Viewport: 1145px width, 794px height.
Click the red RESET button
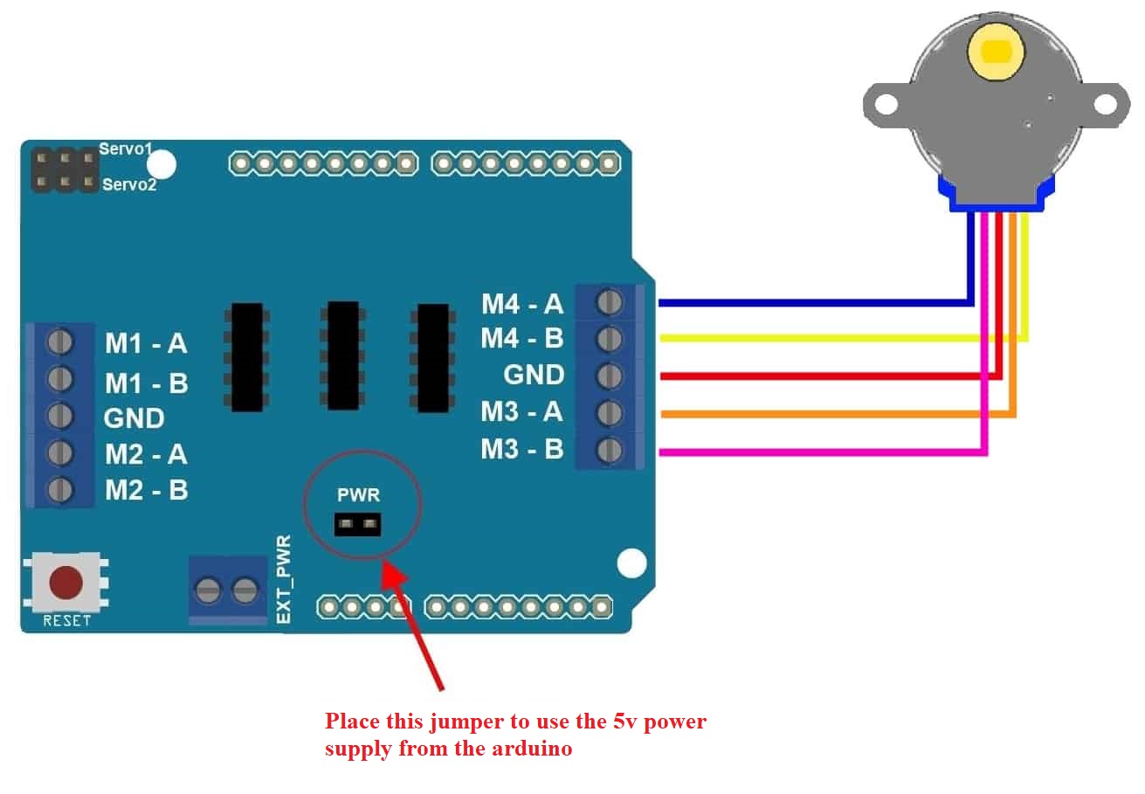coord(66,583)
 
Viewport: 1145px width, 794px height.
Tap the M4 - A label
coord(522,304)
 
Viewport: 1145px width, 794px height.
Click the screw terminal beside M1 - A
coord(60,341)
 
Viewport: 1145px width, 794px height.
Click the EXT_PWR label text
coord(283,580)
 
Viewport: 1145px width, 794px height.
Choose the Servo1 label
coord(126,149)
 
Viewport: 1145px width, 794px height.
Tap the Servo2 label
coord(129,184)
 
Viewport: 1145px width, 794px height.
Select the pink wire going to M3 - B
coord(821,452)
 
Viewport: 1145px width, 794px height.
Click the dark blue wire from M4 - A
coord(812,303)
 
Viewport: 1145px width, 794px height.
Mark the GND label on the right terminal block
coord(534,375)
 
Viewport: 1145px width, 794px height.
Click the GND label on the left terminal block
coord(134,418)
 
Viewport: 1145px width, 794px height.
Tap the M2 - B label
coord(146,490)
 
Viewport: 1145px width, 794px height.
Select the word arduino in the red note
coord(531,749)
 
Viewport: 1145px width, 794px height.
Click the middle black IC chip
coord(342,355)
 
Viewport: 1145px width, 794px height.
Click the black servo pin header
coord(64,170)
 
